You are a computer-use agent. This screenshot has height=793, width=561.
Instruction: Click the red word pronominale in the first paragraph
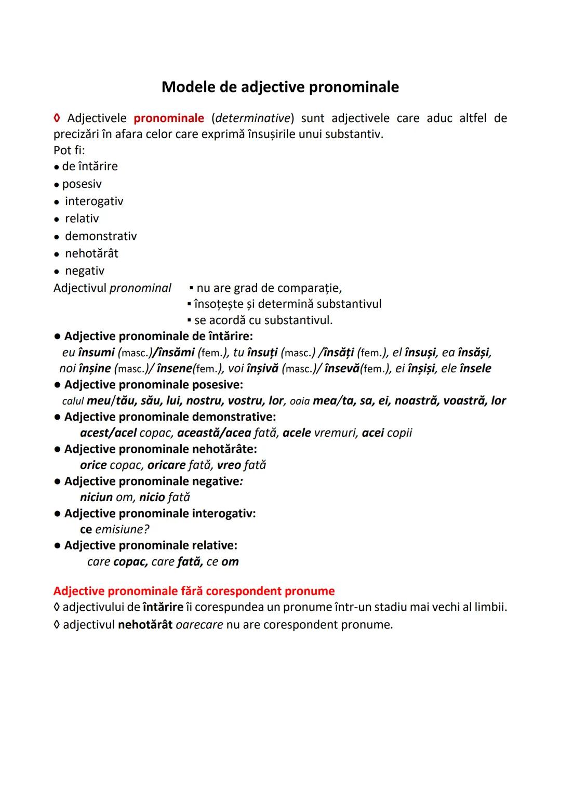point(169,118)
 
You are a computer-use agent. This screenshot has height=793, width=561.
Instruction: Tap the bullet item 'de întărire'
point(90,166)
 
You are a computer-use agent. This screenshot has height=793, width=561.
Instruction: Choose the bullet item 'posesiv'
point(82,184)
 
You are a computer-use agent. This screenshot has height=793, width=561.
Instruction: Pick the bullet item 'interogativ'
point(94,201)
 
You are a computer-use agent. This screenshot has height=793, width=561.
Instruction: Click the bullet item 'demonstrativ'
point(101,236)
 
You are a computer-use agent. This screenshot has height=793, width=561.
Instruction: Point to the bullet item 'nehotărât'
point(91,253)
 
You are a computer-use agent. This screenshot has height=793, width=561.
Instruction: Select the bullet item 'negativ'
point(85,271)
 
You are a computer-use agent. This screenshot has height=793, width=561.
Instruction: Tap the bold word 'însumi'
point(96,353)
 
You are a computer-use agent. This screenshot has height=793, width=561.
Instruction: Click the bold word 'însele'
point(475,369)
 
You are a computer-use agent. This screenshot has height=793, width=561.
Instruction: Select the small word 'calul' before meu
point(73,401)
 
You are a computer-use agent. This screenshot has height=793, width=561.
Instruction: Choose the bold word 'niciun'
point(96,498)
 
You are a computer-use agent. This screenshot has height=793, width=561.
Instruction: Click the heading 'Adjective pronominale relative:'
point(151,545)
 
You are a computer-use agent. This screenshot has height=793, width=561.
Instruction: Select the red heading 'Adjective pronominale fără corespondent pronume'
point(194,591)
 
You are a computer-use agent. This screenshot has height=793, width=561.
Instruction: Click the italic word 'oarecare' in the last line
point(199,625)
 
